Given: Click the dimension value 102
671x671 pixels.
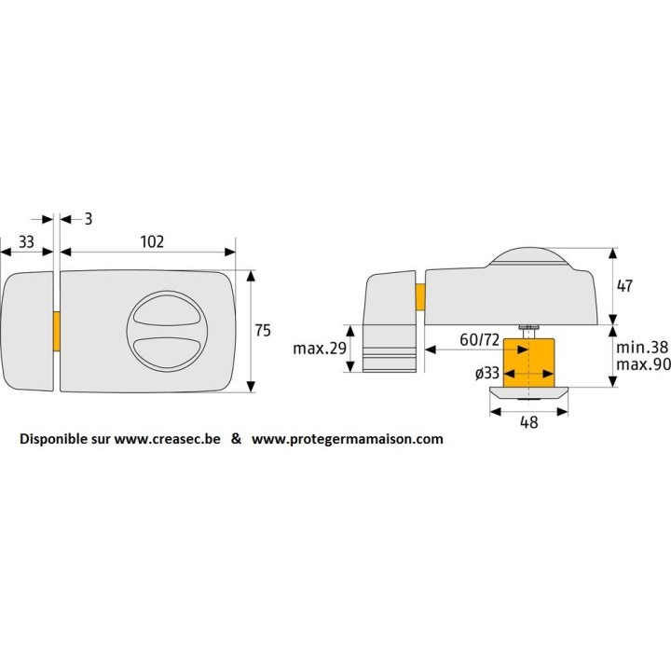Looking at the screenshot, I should (152, 241).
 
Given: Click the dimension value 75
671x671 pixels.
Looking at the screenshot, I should (264, 330).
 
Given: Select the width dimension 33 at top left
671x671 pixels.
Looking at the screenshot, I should (26, 241).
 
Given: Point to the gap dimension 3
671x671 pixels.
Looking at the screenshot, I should (87, 218).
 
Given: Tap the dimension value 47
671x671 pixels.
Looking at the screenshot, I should (624, 286).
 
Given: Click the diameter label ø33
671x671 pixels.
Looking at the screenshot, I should (486, 373).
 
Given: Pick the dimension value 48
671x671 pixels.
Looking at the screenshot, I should (527, 422).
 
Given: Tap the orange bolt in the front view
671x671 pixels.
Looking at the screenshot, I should (56, 333).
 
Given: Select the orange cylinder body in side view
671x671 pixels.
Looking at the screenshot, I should (527, 363).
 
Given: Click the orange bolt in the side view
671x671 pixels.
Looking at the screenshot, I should (420, 295).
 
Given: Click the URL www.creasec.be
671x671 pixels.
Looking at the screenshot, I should (168, 439).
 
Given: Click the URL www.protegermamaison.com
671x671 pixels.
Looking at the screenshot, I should (348, 439).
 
